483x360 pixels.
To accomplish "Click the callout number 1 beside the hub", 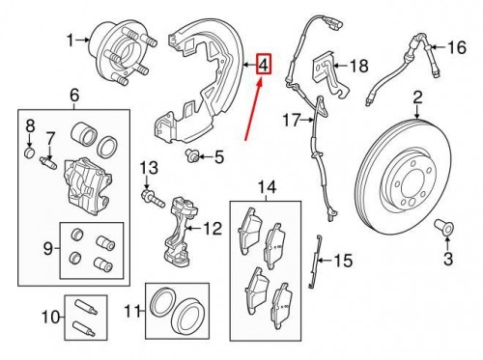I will click(x=70, y=40).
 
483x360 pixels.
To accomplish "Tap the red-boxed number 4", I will click(x=263, y=66).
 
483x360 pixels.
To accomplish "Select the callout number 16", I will click(x=457, y=45).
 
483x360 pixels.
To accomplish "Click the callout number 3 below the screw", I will click(x=447, y=259).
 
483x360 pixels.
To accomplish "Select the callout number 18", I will click(x=358, y=66).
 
